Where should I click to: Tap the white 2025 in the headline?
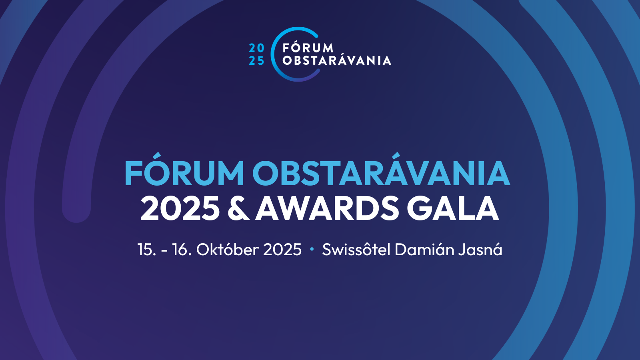click(x=180, y=208)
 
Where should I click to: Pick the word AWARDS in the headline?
click(x=327, y=208)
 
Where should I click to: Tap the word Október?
click(x=228, y=249)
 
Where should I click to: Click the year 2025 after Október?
click(x=282, y=250)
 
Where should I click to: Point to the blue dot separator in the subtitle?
click(x=312, y=250)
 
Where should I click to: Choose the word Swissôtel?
click(x=356, y=249)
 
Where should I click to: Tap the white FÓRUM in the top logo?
click(x=308, y=48)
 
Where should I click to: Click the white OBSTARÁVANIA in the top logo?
click(x=336, y=60)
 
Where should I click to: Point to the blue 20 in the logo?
click(x=256, y=48)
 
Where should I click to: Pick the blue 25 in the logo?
click(x=256, y=60)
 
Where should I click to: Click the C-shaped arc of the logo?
click(x=272, y=54)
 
